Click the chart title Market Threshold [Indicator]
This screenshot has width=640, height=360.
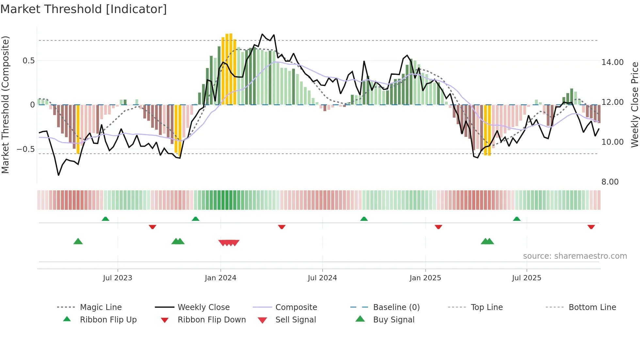coord(84,9)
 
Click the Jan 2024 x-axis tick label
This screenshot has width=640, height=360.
coord(220,278)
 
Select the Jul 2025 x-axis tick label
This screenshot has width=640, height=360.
coord(526,278)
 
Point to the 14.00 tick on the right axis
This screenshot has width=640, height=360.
coord(612,62)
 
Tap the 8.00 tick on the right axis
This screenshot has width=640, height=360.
coord(610,182)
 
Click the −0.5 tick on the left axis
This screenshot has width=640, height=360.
coord(25,149)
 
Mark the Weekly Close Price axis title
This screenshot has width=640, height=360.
coord(634,105)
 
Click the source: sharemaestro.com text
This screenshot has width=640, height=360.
coord(575,256)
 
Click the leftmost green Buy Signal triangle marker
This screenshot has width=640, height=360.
coord(78,241)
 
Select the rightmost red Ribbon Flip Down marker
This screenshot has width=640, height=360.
coord(591,227)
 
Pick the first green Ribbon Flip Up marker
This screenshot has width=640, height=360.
coord(105,219)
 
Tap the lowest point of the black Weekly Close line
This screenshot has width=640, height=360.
coord(58,175)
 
